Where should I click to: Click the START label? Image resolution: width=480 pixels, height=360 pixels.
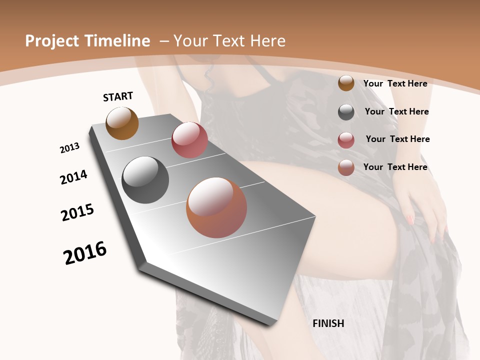(x=118, y=96)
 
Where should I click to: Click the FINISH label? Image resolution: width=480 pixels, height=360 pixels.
(x=328, y=323)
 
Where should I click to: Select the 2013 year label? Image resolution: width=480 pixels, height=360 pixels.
(x=69, y=148)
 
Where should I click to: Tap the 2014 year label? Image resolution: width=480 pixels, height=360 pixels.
(x=73, y=177)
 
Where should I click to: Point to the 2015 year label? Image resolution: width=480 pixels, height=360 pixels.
(x=77, y=212)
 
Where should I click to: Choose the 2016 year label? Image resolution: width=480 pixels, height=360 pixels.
(x=85, y=253)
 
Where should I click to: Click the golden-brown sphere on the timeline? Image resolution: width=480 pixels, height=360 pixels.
(x=122, y=123)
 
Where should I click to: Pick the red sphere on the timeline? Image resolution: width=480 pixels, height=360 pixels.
(x=189, y=140)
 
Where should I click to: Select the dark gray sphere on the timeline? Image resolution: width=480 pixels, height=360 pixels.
(x=145, y=180)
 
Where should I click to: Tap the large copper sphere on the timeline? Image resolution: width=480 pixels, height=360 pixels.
(x=216, y=207)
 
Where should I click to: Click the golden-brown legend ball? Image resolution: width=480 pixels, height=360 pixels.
(x=346, y=83)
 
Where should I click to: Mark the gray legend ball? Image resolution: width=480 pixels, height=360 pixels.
(x=346, y=112)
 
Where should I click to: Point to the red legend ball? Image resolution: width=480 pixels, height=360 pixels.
(x=346, y=140)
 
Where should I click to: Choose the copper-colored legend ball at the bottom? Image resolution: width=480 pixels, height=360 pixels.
(x=346, y=167)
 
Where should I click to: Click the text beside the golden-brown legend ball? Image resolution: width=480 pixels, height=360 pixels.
(x=395, y=83)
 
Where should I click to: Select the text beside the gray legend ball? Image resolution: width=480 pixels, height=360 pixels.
(x=396, y=111)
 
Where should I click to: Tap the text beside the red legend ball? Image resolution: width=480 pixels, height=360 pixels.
(x=397, y=139)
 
